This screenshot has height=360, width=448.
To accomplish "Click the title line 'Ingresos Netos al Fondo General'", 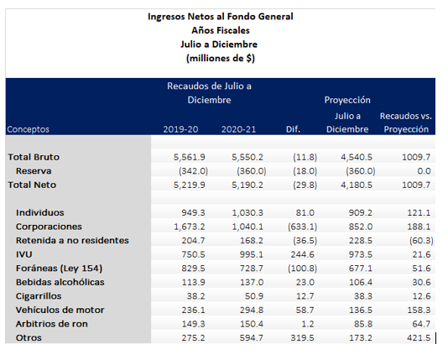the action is [221, 17].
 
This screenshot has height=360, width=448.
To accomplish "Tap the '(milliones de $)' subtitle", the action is [221, 58].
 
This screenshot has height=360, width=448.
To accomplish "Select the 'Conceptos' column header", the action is [28, 129].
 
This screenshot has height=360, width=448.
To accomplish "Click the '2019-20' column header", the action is [180, 129].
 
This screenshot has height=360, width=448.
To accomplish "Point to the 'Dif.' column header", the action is [293, 129].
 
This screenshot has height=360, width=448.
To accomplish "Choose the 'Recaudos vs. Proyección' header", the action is [406, 123].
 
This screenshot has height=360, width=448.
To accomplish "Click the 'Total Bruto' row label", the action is [34, 157].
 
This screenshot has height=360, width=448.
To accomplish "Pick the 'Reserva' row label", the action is [34, 171].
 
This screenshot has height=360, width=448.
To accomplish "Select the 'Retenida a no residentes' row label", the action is [72, 241].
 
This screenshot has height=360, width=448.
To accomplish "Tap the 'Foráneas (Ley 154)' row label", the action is [59, 269].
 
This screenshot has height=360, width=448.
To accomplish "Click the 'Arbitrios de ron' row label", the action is [52, 324].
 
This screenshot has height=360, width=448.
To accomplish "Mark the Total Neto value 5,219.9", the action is [189, 185].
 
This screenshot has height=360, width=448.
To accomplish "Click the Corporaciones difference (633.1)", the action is [302, 227].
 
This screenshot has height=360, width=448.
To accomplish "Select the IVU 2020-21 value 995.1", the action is [252, 254].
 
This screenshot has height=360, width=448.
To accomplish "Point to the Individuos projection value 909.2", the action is [360, 212].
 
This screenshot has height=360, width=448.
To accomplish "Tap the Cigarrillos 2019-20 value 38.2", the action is [195, 296].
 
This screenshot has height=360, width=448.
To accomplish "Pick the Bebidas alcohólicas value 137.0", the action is [252, 282].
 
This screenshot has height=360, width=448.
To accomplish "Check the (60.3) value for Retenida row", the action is [421, 241].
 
